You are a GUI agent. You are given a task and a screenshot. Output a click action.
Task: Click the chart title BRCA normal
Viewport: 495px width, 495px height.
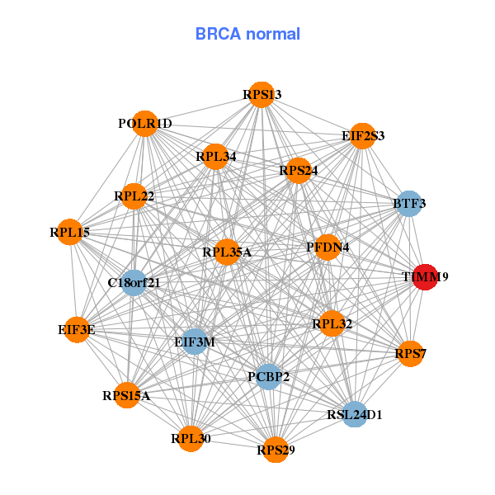click(x=247, y=34)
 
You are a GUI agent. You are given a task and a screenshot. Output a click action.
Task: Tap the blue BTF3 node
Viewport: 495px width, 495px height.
click(x=408, y=203)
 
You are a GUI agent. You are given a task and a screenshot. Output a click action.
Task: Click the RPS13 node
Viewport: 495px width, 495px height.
click(x=261, y=95)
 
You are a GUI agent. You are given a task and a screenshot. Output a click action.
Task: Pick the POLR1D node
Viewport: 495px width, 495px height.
click(x=144, y=124)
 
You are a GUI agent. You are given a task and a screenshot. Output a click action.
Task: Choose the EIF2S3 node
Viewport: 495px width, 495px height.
click(x=362, y=135)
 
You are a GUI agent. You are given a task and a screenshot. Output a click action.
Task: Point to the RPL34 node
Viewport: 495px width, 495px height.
click(x=215, y=157)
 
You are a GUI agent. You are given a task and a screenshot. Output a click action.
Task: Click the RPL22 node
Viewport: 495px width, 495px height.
click(x=134, y=196)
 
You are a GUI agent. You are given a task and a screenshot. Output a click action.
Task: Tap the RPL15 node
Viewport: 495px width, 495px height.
click(x=71, y=233)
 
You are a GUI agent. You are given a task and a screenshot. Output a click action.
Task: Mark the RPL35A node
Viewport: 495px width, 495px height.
click(x=227, y=252)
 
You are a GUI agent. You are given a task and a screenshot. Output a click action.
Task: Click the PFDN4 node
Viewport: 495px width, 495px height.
click(x=328, y=247)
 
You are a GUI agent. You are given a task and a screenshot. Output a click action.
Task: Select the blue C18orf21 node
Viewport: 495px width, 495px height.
click(x=134, y=282)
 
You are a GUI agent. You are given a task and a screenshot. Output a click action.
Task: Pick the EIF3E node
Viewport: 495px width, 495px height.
click(x=77, y=329)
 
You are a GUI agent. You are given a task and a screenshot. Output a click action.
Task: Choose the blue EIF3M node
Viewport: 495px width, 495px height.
click(x=194, y=341)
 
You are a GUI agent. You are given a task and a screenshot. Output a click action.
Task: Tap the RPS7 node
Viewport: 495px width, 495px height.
click(x=409, y=354)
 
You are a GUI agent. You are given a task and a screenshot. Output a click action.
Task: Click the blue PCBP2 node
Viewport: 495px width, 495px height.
click(x=268, y=377)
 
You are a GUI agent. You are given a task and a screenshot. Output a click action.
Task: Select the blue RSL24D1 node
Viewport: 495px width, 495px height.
click(x=354, y=414)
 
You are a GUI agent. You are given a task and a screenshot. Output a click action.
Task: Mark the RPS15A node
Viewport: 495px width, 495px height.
click(x=126, y=395)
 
